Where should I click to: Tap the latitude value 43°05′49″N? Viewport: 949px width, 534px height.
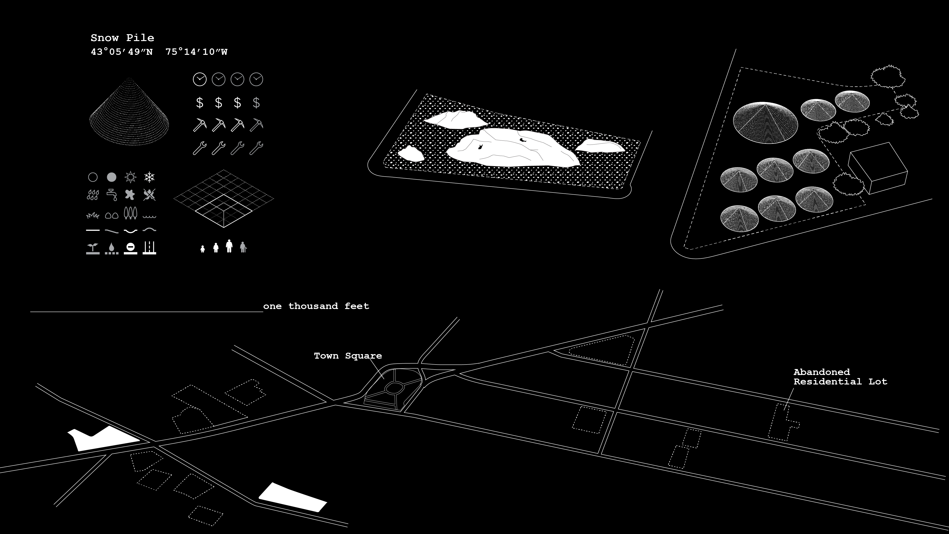click(121, 52)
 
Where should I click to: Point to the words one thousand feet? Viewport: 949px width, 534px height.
click(316, 306)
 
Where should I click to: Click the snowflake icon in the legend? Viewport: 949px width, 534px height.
click(149, 177)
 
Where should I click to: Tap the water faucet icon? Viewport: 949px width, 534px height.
click(112, 194)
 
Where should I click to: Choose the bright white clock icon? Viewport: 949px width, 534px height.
click(200, 79)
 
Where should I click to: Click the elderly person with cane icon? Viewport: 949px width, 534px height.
click(243, 247)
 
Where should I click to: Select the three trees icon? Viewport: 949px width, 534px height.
click(130, 213)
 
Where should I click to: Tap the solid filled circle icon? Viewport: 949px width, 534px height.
click(112, 177)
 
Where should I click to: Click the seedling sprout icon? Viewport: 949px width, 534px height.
click(93, 248)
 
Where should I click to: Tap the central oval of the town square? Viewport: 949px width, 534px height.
click(394, 387)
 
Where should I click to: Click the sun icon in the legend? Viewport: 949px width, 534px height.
click(130, 177)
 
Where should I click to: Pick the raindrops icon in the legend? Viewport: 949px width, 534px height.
click(93, 195)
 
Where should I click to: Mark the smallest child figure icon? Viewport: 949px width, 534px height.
click(202, 249)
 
